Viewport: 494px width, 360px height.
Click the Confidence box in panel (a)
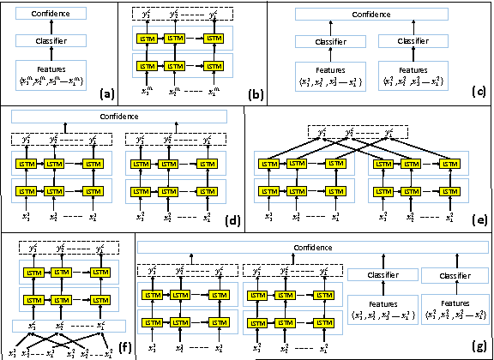click(58, 15)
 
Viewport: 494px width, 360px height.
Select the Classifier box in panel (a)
click(58, 41)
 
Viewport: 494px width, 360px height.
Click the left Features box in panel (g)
click(383, 308)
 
